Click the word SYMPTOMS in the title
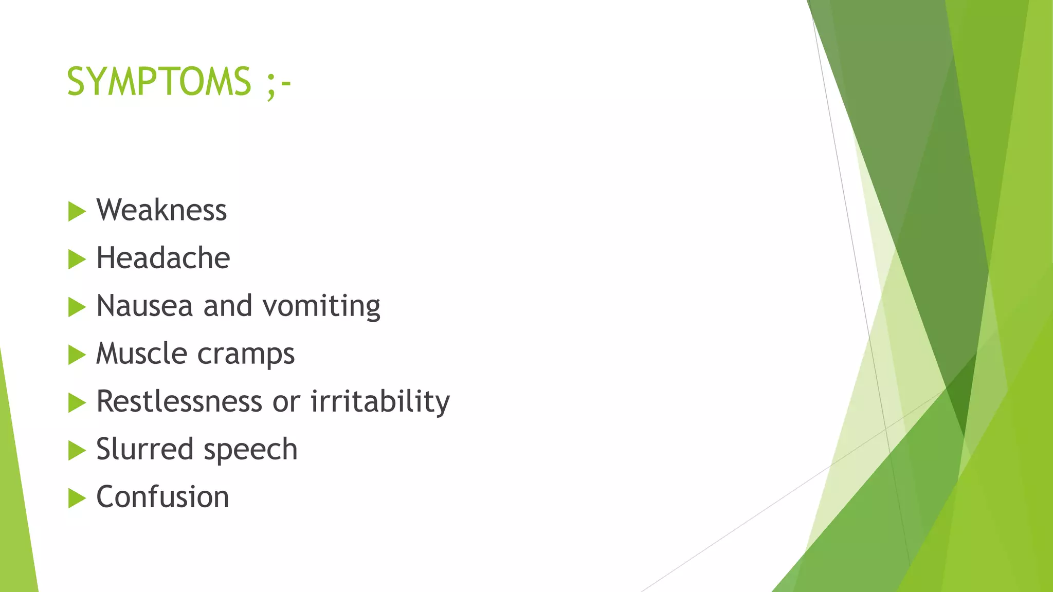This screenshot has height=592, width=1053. (x=159, y=82)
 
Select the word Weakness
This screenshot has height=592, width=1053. (x=161, y=210)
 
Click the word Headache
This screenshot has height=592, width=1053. (x=163, y=258)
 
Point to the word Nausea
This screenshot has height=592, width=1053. (x=144, y=306)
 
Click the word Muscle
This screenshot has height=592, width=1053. (x=141, y=354)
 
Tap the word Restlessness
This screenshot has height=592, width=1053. (x=179, y=401)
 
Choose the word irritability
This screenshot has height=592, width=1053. (x=380, y=402)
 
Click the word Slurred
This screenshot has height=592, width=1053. (x=144, y=449)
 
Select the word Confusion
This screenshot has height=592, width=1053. (x=162, y=497)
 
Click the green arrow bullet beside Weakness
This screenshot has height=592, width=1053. (x=77, y=211)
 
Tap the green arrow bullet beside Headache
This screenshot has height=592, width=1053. (x=77, y=259)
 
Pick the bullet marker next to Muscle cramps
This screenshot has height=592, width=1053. (x=77, y=355)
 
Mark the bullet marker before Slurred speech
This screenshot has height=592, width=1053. (x=77, y=450)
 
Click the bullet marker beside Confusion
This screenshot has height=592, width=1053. (x=77, y=498)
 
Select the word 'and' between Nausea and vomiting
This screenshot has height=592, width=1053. (x=228, y=306)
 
